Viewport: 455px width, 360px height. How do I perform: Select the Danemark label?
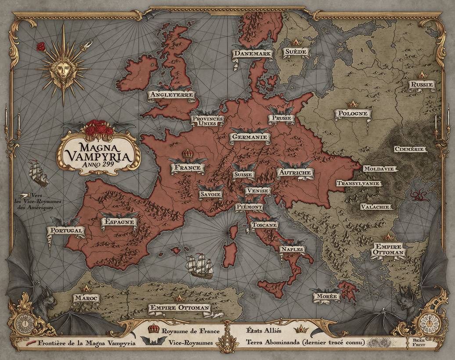tap(253, 54)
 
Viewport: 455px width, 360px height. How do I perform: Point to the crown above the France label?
tap(188, 154)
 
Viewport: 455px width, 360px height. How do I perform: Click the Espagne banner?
tap(119, 222)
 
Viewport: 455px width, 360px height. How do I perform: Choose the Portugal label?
tap(66, 230)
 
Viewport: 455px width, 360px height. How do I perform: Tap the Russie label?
tap(421, 84)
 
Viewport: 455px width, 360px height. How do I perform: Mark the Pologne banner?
tap(353, 113)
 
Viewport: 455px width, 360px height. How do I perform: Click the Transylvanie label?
tap(359, 183)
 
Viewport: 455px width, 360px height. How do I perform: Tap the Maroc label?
tap(86, 298)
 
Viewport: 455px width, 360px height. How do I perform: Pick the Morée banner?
tap(326, 297)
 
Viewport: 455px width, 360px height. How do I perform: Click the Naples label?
tap(292, 249)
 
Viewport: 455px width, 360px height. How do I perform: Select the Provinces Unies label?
tap(207, 121)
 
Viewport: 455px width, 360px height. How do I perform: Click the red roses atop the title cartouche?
tap(99, 128)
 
